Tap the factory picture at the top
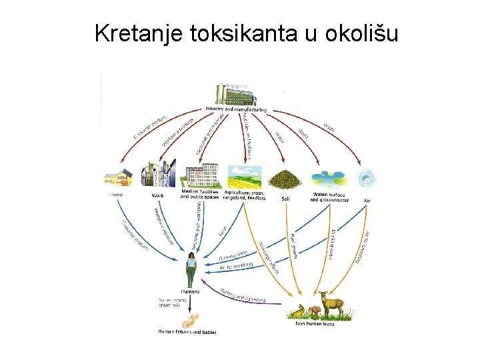[x=235, y=94]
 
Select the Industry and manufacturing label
[x=236, y=109]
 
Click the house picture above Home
[x=117, y=178]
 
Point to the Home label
[x=116, y=195]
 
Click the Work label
[x=158, y=195]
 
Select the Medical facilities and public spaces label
[x=200, y=195]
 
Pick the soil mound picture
[x=285, y=179]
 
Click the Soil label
[x=285, y=198]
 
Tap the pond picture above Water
[x=329, y=178]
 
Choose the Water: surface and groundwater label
[x=329, y=197]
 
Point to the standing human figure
[x=191, y=269]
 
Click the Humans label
[x=191, y=292]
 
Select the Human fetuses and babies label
[x=187, y=331]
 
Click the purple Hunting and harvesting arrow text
[x=243, y=295]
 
